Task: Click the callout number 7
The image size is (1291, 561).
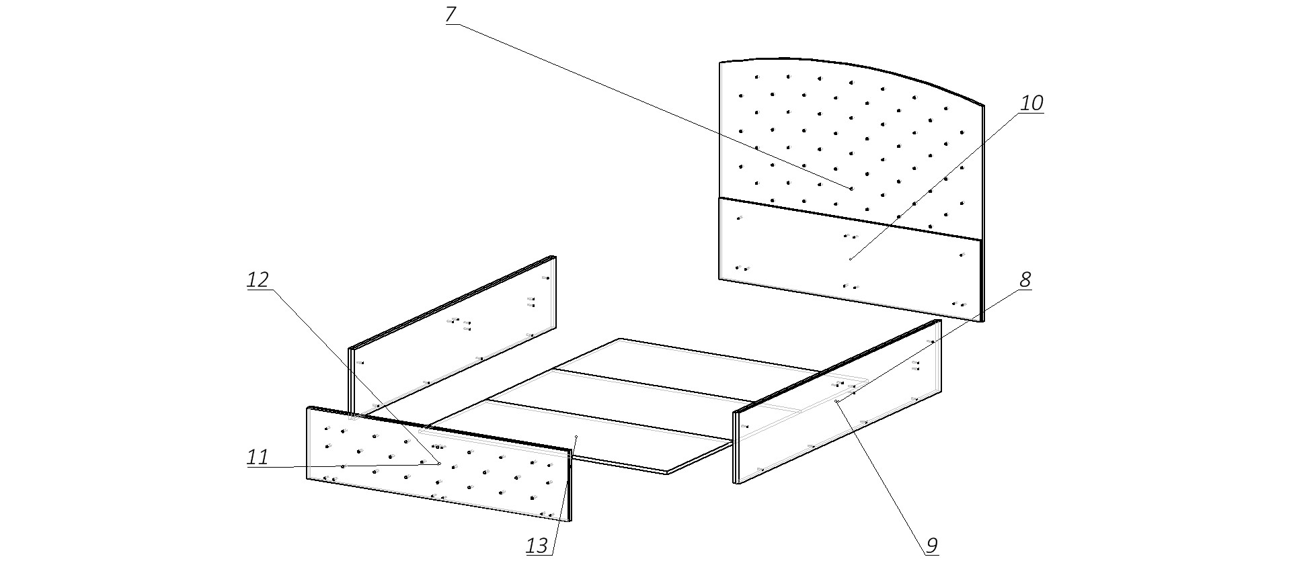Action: click(x=451, y=14)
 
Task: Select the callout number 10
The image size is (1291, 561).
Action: click(x=1031, y=103)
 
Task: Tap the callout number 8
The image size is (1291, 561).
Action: click(x=1025, y=280)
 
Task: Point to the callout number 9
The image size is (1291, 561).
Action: click(x=931, y=546)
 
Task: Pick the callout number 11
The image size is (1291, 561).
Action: click(x=258, y=458)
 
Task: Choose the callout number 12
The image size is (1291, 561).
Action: click(x=258, y=279)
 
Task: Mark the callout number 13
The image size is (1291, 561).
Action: click(x=537, y=546)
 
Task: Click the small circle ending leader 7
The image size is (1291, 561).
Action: click(x=851, y=189)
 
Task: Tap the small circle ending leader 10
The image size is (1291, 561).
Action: click(x=851, y=259)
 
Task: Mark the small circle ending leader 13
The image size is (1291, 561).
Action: click(x=577, y=437)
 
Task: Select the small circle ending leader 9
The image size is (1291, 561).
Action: click(x=836, y=401)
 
